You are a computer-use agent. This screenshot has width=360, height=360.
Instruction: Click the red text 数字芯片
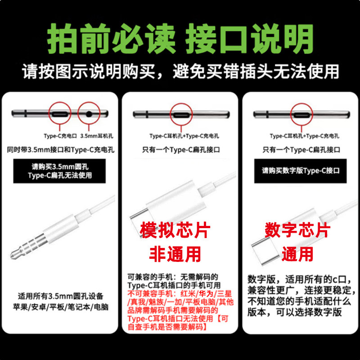coord(297,230)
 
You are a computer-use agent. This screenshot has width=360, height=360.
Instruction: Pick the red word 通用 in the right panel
coord(297,255)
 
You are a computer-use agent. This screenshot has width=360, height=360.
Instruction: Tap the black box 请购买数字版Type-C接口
coord(301,171)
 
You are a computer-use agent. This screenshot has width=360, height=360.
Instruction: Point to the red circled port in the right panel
coord(300,113)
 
